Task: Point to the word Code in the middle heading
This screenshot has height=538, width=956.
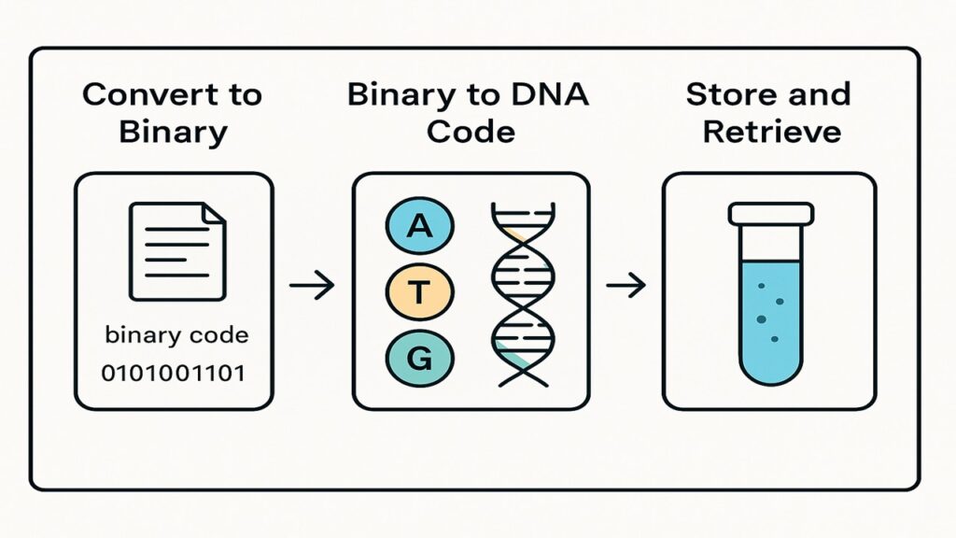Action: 471,132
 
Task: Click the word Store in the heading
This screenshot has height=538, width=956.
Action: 724,94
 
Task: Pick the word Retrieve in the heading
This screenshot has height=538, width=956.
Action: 772,132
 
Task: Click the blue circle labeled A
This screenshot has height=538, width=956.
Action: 419,226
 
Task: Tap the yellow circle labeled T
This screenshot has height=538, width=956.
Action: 419,291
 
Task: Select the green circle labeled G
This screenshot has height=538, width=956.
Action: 419,358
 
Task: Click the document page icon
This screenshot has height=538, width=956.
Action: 177,251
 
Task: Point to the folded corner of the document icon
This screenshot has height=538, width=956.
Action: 214,214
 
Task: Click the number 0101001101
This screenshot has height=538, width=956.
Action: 173,373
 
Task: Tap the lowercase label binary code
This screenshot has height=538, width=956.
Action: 176,335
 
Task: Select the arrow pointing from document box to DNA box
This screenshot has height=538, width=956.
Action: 312,285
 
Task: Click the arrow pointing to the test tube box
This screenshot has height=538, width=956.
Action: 626,285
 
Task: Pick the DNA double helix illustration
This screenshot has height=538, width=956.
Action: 523,295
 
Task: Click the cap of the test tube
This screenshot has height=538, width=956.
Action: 770,214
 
